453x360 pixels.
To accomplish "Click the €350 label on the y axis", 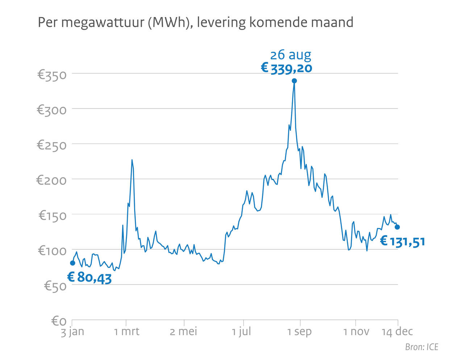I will [52, 75].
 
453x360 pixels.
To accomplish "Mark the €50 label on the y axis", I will [55, 286].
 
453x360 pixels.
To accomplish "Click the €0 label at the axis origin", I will [59, 321].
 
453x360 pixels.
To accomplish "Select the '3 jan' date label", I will [72, 331].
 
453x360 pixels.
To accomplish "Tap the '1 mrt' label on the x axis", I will [126, 331].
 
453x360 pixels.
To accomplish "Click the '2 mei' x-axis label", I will [183, 331].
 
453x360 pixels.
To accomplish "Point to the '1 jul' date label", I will [241, 331].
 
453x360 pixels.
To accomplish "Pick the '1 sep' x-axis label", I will [299, 331].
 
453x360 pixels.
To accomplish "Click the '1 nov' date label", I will [356, 331].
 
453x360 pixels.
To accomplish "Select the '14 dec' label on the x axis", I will [397, 331].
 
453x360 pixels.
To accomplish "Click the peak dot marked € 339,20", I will [294, 81].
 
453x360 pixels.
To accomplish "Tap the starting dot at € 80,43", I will [72, 263].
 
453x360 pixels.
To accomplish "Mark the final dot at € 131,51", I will [397, 227].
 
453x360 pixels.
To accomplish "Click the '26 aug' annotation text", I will [290, 55].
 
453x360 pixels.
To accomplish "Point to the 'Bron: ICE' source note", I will [421, 347].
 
